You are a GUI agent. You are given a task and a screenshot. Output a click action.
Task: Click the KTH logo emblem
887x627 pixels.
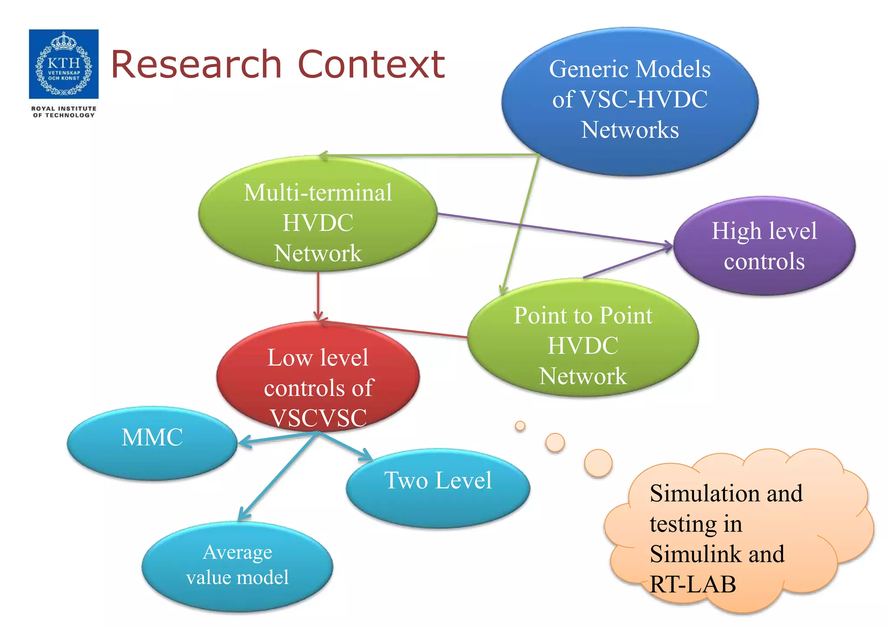64,64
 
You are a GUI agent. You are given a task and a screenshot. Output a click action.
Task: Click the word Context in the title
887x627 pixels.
372,65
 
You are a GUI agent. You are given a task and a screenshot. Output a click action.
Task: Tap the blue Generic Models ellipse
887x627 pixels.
630,102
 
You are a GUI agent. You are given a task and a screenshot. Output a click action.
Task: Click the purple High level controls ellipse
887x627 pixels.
764,246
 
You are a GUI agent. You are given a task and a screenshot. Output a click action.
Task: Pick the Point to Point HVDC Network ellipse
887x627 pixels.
583,342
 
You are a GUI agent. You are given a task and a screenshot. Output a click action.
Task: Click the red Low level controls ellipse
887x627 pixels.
318,377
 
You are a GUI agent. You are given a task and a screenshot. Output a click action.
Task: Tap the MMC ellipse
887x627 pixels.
152,443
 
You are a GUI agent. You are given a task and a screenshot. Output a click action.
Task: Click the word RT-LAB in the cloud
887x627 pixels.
693,585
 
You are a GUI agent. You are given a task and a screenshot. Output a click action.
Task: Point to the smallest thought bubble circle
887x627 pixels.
520,426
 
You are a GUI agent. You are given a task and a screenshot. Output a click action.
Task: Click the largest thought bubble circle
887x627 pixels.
598,463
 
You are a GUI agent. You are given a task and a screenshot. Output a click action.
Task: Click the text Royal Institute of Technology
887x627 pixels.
64,112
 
